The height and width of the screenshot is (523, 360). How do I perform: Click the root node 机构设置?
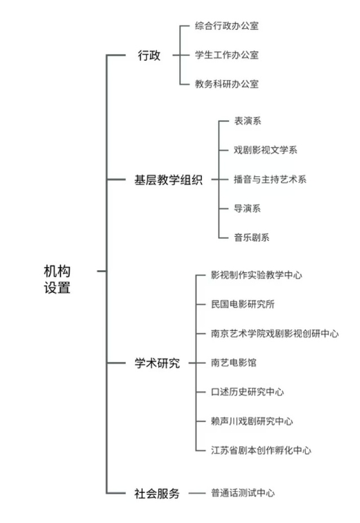(57, 279)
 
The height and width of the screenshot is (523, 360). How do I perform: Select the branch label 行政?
(149, 55)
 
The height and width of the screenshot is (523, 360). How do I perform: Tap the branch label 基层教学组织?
(168, 180)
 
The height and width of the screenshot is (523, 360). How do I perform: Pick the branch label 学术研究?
(157, 363)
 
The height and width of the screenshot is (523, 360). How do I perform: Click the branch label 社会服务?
(157, 493)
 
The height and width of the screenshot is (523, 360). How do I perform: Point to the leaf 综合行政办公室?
(227, 26)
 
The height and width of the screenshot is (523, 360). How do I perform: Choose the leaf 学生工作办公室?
(227, 55)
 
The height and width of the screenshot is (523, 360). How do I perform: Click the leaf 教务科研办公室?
(227, 84)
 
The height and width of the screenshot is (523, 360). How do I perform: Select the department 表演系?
(247, 120)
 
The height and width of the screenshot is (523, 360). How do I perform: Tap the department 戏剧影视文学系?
(265, 150)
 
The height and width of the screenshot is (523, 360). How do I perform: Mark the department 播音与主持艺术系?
(270, 180)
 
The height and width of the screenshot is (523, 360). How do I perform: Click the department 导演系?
(247, 208)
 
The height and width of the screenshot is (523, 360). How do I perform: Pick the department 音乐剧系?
(252, 238)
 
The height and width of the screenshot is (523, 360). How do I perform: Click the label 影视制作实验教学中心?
(256, 275)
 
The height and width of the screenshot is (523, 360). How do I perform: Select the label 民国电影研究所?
(243, 304)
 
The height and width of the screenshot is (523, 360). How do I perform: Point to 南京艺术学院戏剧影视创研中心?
(275, 333)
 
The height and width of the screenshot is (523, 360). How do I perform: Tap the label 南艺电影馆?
(234, 363)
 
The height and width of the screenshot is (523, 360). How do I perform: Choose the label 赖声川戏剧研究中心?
(252, 421)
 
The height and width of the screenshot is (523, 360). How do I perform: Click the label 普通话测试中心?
(243, 493)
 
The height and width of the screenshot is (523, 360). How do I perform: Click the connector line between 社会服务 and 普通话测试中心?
(197, 493)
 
